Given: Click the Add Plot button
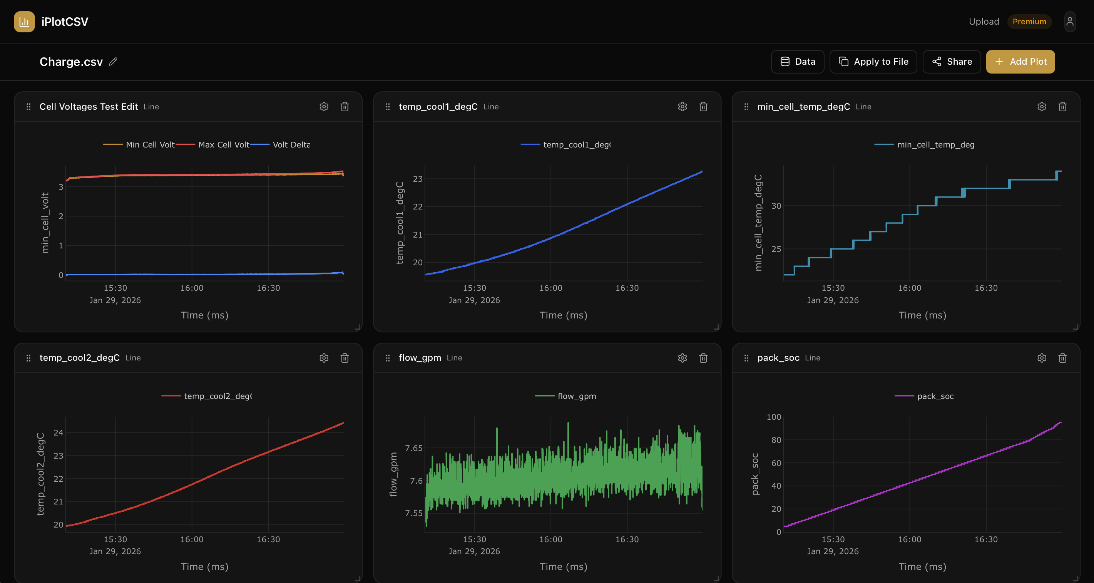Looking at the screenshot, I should click(1020, 62).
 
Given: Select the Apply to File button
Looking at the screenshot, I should click(873, 62).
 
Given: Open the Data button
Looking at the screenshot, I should click(797, 62).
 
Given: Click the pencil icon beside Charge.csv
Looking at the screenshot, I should click(113, 62).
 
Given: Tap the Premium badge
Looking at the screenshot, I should click(1029, 22).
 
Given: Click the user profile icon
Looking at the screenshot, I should click(1070, 22).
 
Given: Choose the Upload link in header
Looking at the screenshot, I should click(984, 22).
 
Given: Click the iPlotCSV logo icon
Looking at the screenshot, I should click(24, 22).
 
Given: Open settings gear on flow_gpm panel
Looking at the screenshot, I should click(682, 358).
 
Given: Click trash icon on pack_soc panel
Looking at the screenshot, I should click(1062, 358).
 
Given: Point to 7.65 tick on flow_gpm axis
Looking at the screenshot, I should click(414, 448).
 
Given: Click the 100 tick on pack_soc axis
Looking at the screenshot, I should click(773, 417).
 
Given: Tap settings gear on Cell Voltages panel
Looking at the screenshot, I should click(324, 107).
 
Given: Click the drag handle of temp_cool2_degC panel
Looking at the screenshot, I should click(28, 358).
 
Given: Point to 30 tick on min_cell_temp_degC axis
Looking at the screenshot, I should click(776, 206).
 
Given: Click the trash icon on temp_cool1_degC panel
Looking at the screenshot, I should click(703, 107).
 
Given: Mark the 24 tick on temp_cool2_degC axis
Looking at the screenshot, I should click(58, 432).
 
